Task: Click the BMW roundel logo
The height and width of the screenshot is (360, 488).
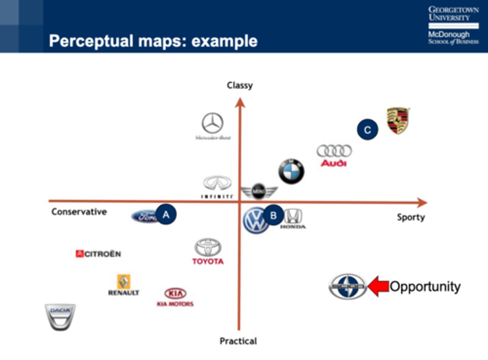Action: pos(291,172)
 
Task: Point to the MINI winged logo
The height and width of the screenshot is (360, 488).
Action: pos(259,192)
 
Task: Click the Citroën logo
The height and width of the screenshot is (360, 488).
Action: pos(98,254)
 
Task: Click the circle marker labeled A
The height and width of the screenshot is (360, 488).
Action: pos(166,214)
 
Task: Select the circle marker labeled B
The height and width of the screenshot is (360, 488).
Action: pos(273,215)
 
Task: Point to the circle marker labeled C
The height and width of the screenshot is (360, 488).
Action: pos(367,130)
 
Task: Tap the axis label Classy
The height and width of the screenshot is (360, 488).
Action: pos(240,85)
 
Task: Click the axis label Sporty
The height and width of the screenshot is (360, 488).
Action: pos(411,217)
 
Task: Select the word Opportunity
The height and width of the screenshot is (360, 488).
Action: pos(425,287)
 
